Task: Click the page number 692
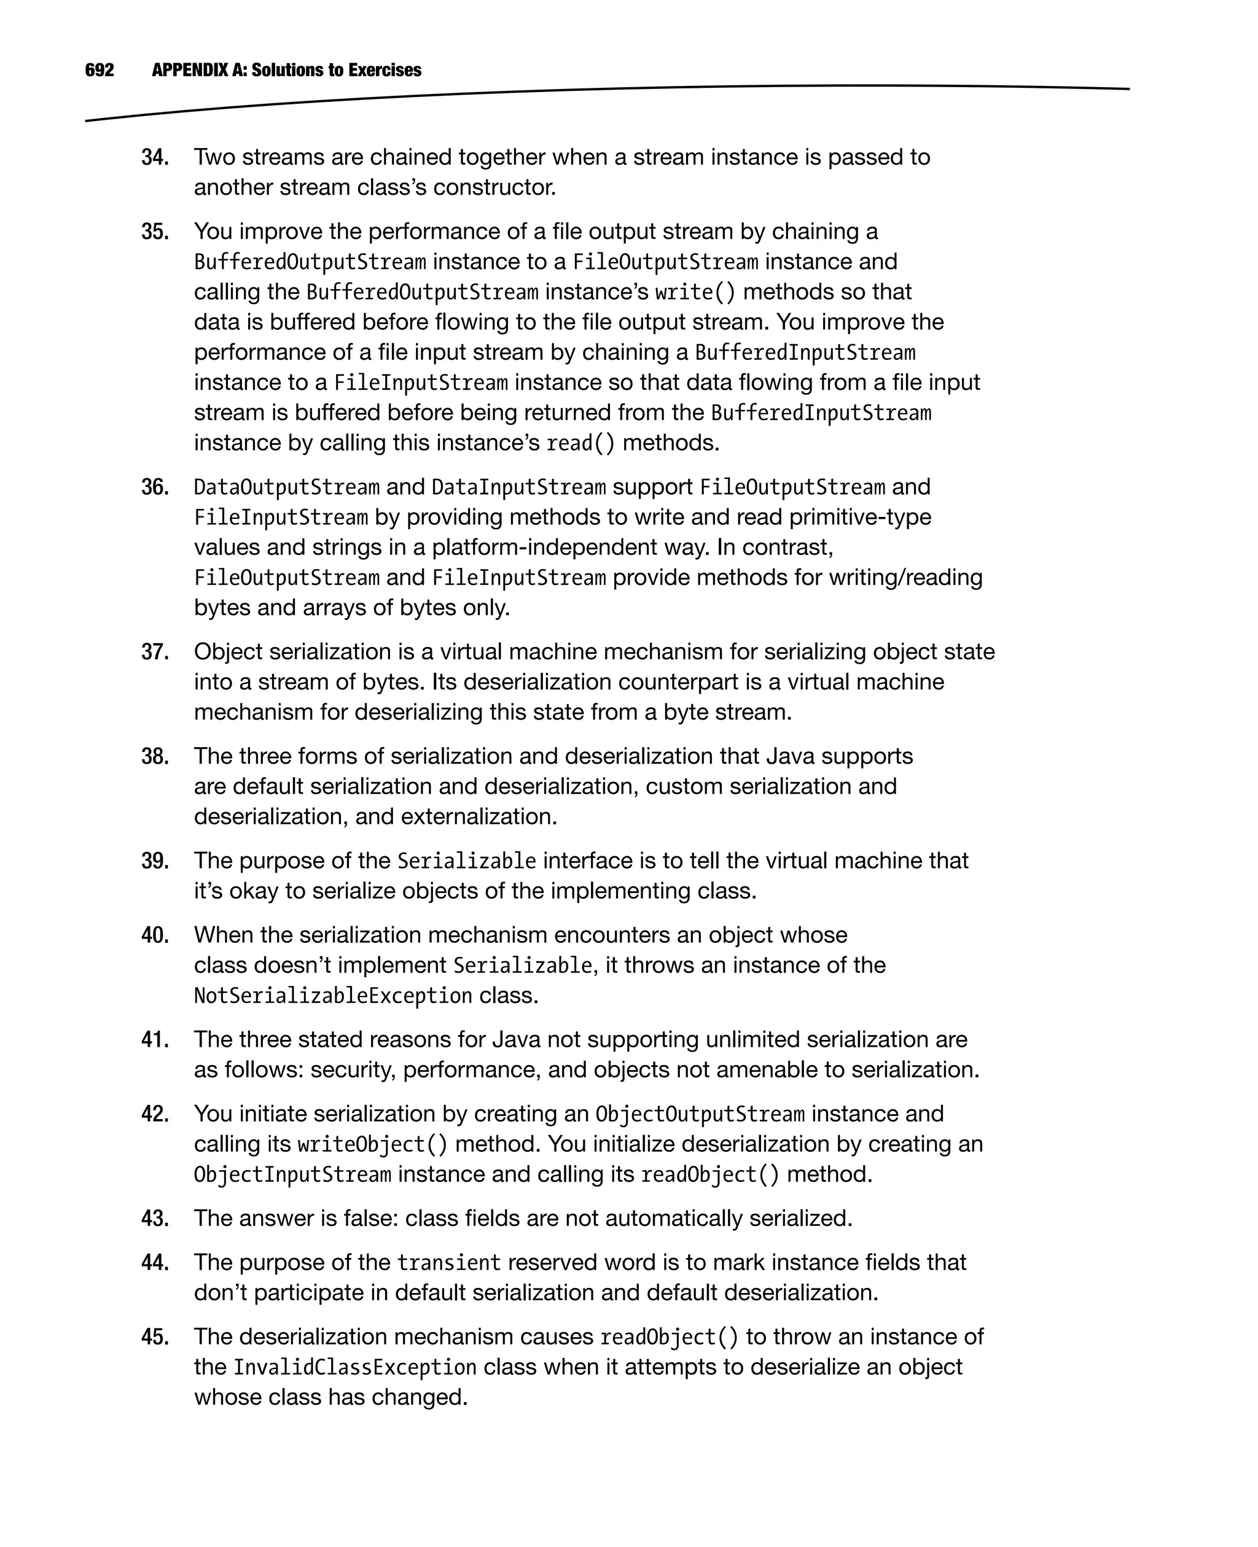click(100, 70)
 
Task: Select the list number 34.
click(154, 157)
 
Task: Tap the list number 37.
click(154, 652)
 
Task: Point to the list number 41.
click(154, 1039)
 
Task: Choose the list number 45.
click(154, 1336)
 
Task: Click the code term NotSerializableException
click(332, 996)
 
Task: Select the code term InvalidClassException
click(354, 1367)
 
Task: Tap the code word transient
click(448, 1263)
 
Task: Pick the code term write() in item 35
click(695, 292)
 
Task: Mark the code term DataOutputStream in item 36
click(286, 487)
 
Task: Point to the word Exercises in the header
click(384, 70)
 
